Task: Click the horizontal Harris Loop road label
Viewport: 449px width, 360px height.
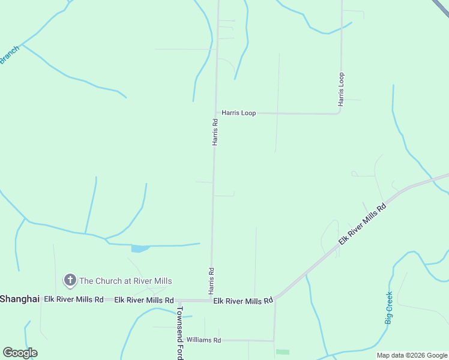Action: pyautogui.click(x=238, y=113)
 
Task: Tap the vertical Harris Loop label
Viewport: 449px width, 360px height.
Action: pyautogui.click(x=341, y=89)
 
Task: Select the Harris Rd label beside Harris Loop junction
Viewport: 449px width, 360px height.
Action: pyautogui.click(x=214, y=131)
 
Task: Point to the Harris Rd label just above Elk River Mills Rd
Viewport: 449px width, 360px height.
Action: pyautogui.click(x=211, y=280)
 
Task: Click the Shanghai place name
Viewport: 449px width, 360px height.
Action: pyautogui.click(x=20, y=299)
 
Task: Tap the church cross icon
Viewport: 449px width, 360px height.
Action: pyautogui.click(x=70, y=280)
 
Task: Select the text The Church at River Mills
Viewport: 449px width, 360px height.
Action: pyautogui.click(x=125, y=281)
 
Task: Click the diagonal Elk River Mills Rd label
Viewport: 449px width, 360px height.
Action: pyautogui.click(x=361, y=223)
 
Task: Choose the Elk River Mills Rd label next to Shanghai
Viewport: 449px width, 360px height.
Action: pyautogui.click(x=73, y=299)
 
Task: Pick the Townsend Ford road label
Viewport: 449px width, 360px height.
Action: pyautogui.click(x=179, y=333)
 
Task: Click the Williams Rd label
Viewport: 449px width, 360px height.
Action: pyautogui.click(x=203, y=340)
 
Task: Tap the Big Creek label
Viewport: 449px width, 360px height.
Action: pyautogui.click(x=389, y=308)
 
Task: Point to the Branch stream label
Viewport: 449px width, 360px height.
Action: pyautogui.click(x=10, y=55)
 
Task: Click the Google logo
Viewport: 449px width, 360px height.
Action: pyautogui.click(x=20, y=353)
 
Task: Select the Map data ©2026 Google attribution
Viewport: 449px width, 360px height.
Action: pyautogui.click(x=412, y=355)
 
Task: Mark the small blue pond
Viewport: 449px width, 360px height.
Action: pyautogui.click(x=140, y=248)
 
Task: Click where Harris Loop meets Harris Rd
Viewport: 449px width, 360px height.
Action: pyautogui.click(x=216, y=113)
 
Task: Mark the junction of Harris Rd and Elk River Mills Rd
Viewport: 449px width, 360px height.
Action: pyautogui.click(x=211, y=300)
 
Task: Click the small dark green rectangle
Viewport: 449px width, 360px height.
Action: pyautogui.click(x=282, y=352)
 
